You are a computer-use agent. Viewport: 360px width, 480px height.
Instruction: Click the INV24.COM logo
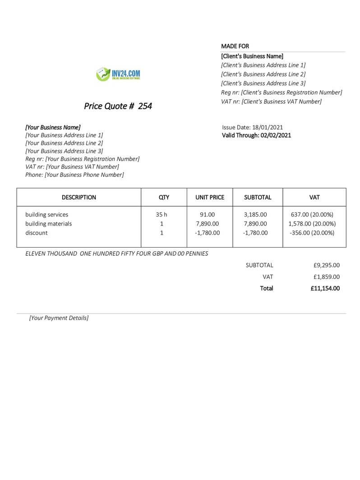point(118,74)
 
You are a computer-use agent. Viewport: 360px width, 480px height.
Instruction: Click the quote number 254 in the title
point(145,106)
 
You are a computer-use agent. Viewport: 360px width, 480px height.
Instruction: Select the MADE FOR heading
point(235,46)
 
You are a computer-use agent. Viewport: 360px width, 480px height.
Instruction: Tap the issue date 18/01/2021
point(268,127)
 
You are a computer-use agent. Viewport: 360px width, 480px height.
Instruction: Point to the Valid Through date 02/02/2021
point(276,135)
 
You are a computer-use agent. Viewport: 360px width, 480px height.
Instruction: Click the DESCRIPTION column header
point(78,197)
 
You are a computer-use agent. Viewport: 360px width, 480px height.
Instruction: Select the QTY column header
point(164,197)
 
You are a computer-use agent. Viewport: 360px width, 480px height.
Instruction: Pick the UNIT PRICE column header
point(210,197)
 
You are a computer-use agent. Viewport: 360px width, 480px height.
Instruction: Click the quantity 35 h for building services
point(162,215)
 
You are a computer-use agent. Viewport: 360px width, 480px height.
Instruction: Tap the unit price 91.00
point(208,215)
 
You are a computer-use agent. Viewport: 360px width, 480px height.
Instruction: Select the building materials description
point(48,224)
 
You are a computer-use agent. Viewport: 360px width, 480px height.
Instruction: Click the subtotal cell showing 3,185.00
point(255,215)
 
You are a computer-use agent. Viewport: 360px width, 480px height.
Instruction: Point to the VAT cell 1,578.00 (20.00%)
point(312,224)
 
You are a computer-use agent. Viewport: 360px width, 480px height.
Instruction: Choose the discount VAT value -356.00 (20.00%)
point(312,233)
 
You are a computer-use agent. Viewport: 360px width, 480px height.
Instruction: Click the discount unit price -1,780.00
point(208,233)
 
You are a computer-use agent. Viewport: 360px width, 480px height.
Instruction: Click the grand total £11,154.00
point(325,288)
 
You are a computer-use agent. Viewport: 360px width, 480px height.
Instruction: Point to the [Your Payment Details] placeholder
point(59,318)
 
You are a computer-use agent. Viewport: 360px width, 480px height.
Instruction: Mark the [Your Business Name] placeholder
point(53,127)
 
